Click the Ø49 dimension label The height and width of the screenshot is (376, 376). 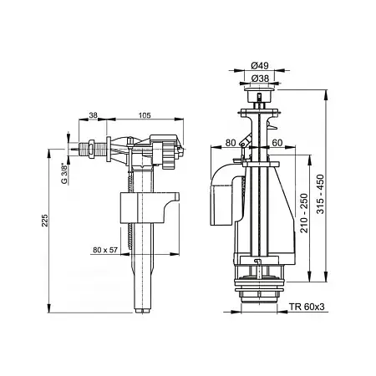(x=260, y=65)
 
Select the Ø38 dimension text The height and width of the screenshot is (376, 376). (x=260, y=79)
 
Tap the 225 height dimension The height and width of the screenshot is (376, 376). (x=45, y=221)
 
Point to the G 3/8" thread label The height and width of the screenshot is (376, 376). (x=64, y=174)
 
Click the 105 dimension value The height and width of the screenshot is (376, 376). (x=145, y=115)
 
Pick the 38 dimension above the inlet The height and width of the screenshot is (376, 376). (x=93, y=115)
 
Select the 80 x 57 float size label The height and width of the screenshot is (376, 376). (x=105, y=250)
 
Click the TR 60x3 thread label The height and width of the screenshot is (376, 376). (x=307, y=307)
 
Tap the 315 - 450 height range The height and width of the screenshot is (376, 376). (x=321, y=194)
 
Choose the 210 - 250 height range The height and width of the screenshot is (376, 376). (x=304, y=213)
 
